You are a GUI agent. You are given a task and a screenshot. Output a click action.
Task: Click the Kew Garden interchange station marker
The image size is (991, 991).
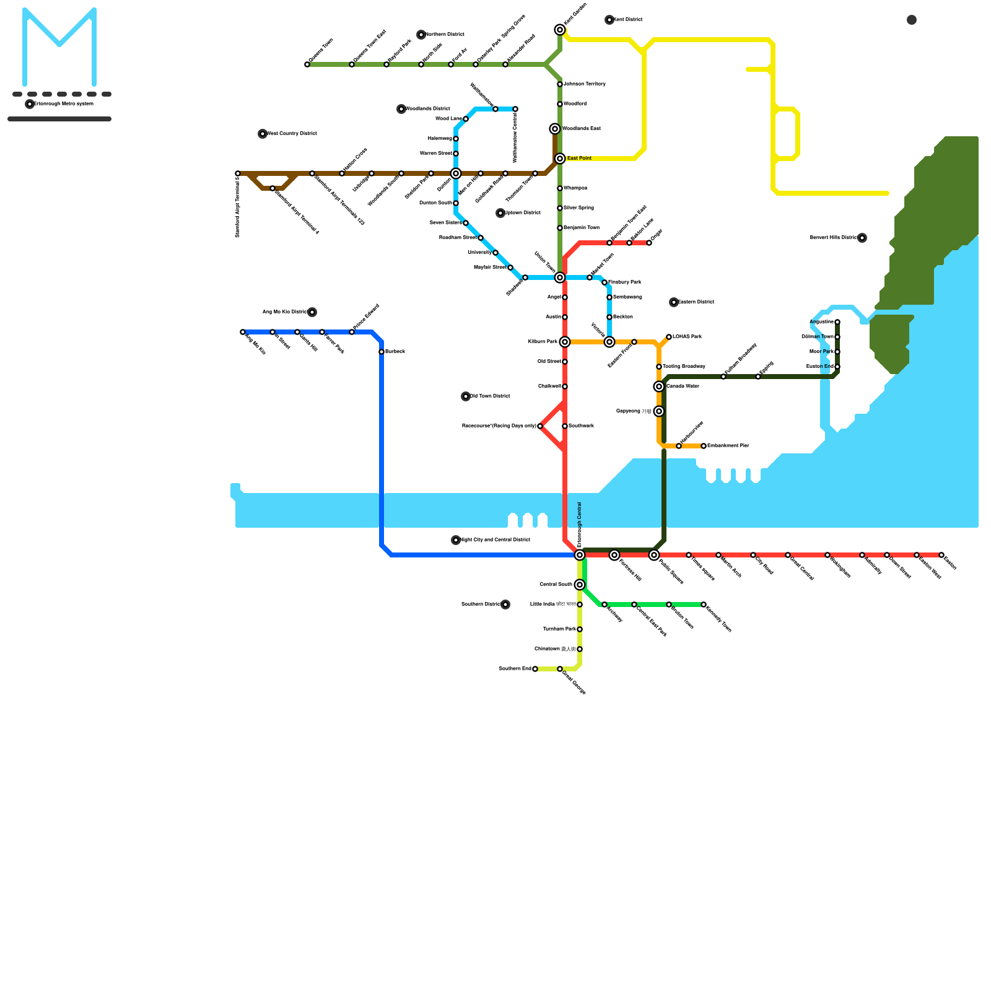[560, 30]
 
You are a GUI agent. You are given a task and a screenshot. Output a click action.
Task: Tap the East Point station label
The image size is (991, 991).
[579, 159]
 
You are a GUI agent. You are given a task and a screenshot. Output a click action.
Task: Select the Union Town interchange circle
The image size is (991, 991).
[560, 277]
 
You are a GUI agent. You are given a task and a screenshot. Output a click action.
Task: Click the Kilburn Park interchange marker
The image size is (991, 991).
[565, 342]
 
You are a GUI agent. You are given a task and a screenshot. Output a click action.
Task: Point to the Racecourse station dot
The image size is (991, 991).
[540, 426]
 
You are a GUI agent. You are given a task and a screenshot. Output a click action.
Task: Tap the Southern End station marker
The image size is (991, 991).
[535, 669]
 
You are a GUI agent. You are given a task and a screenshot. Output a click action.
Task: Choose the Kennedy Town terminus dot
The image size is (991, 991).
[704, 605]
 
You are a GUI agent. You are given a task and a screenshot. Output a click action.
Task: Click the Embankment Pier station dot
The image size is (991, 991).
[704, 446]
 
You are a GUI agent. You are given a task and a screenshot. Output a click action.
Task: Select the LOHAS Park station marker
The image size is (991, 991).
[669, 337]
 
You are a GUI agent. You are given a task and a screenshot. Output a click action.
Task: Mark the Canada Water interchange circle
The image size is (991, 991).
[659, 386]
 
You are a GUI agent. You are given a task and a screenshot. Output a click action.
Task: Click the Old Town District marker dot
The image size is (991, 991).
[466, 396]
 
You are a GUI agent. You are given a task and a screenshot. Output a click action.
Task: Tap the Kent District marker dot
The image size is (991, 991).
[609, 20]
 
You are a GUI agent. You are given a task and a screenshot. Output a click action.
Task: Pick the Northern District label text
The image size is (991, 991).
[445, 35]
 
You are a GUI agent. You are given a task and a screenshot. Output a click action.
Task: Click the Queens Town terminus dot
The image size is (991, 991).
[307, 64]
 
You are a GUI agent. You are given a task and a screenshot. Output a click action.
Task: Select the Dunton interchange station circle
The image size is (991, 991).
[456, 173]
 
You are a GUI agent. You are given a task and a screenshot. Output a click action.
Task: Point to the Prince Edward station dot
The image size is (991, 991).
[352, 332]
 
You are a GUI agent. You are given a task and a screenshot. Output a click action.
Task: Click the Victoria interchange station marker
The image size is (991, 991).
[609, 342]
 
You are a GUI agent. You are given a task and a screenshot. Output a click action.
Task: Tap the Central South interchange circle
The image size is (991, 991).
[580, 585]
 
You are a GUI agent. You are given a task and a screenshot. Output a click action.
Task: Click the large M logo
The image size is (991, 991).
[59, 47]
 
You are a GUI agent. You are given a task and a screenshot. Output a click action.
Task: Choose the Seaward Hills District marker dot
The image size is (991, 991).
[862, 238]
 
